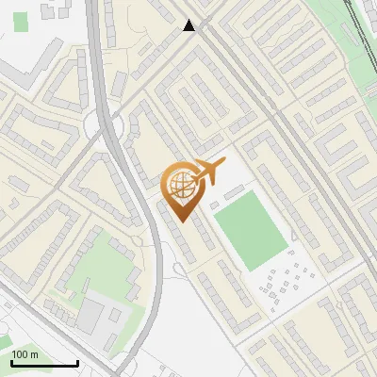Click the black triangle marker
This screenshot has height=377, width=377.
tap(189, 25)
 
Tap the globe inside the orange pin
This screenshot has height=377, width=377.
tap(179, 184)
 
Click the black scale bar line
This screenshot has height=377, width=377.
tap(44, 363)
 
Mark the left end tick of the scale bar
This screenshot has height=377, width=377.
tap(11, 361)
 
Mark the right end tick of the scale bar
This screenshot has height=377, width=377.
tap(77, 361)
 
